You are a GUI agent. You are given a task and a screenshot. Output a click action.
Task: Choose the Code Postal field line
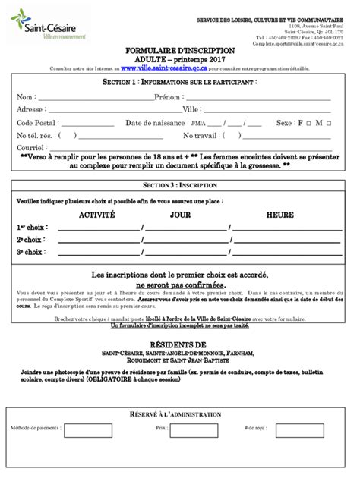pyautogui.click(x=88, y=124)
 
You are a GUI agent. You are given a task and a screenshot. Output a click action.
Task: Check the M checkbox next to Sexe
pyautogui.click(x=330, y=123)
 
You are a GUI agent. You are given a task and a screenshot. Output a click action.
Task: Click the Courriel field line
pyautogui.click(x=114, y=149)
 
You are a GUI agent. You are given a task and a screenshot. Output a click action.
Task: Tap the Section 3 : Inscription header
pyautogui.click(x=180, y=184)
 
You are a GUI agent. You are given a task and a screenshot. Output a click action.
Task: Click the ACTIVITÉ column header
pyautogui.click(x=97, y=215)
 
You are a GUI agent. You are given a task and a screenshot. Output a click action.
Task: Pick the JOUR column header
pyautogui.click(x=180, y=215)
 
